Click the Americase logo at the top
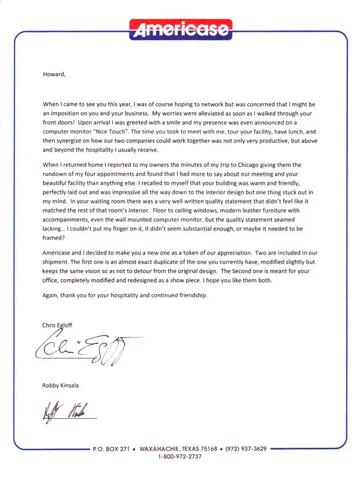click(180, 28)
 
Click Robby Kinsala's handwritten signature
click(66, 411)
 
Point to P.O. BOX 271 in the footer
click(112, 448)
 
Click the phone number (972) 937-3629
click(246, 448)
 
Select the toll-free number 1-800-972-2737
click(180, 457)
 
